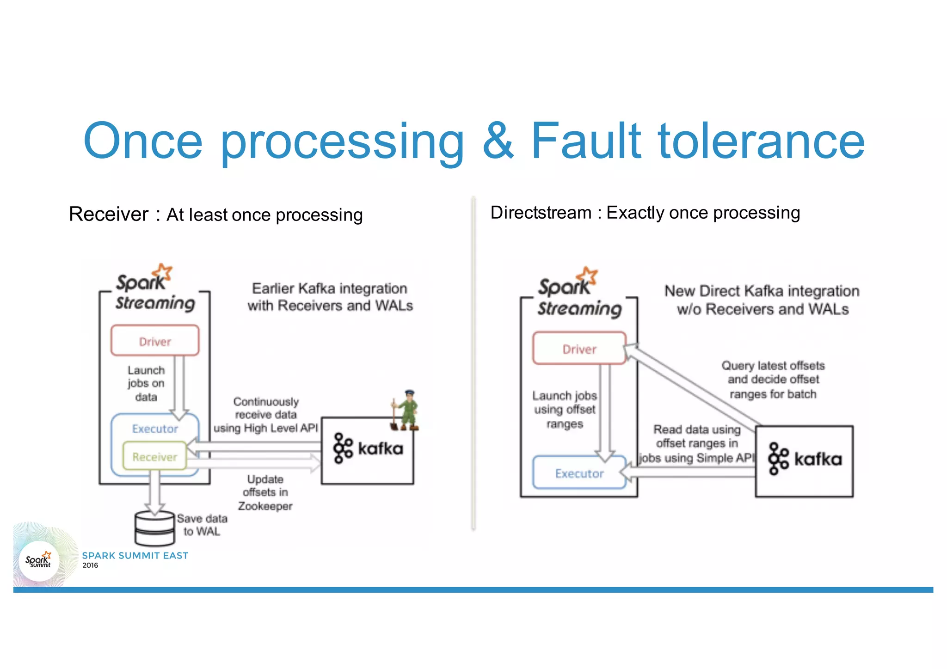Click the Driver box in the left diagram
pyautogui.click(x=155, y=341)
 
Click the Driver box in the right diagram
pyautogui.click(x=579, y=349)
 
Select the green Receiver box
pyautogui.click(x=154, y=456)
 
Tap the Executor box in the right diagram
pyautogui.click(x=579, y=473)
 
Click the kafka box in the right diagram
pyautogui.click(x=804, y=461)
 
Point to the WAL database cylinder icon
pyautogui.click(x=154, y=528)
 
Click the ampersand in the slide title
pyautogui.click(x=498, y=141)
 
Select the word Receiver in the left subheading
pyautogui.click(x=109, y=214)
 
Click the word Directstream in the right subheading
pyautogui.click(x=541, y=213)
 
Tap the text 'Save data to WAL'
pyautogui.click(x=202, y=525)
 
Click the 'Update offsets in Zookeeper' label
pyautogui.click(x=265, y=492)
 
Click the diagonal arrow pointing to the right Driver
pyautogui.click(x=694, y=386)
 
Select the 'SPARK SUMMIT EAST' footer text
pyautogui.click(x=135, y=555)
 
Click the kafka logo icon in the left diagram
pyautogui.click(x=343, y=448)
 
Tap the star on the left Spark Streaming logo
pyautogui.click(x=163, y=272)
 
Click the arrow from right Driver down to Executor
pyautogui.click(x=605, y=411)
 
